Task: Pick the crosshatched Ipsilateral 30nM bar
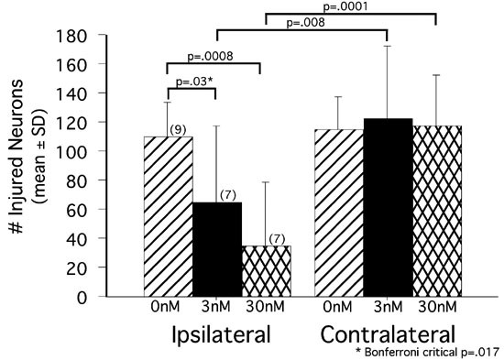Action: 265,271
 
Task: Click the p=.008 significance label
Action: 303,23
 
